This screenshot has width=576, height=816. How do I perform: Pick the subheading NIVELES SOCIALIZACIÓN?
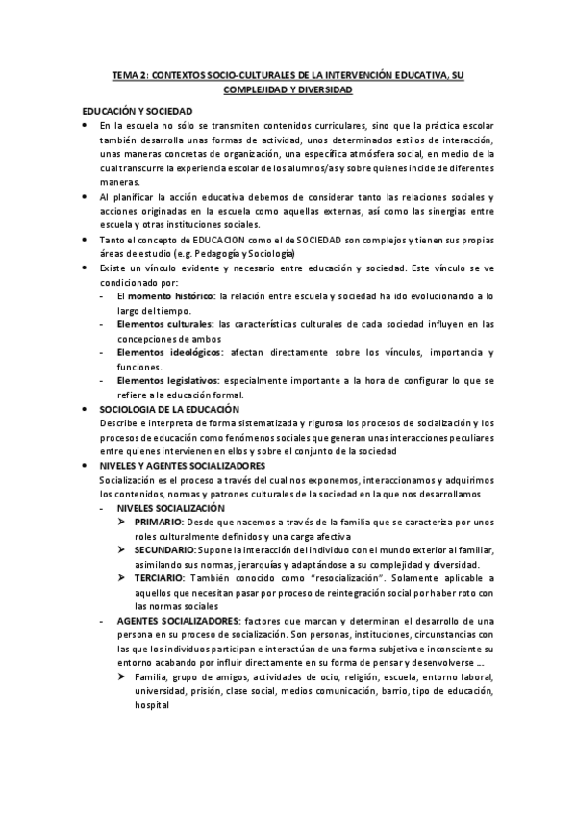tap(171, 507)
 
